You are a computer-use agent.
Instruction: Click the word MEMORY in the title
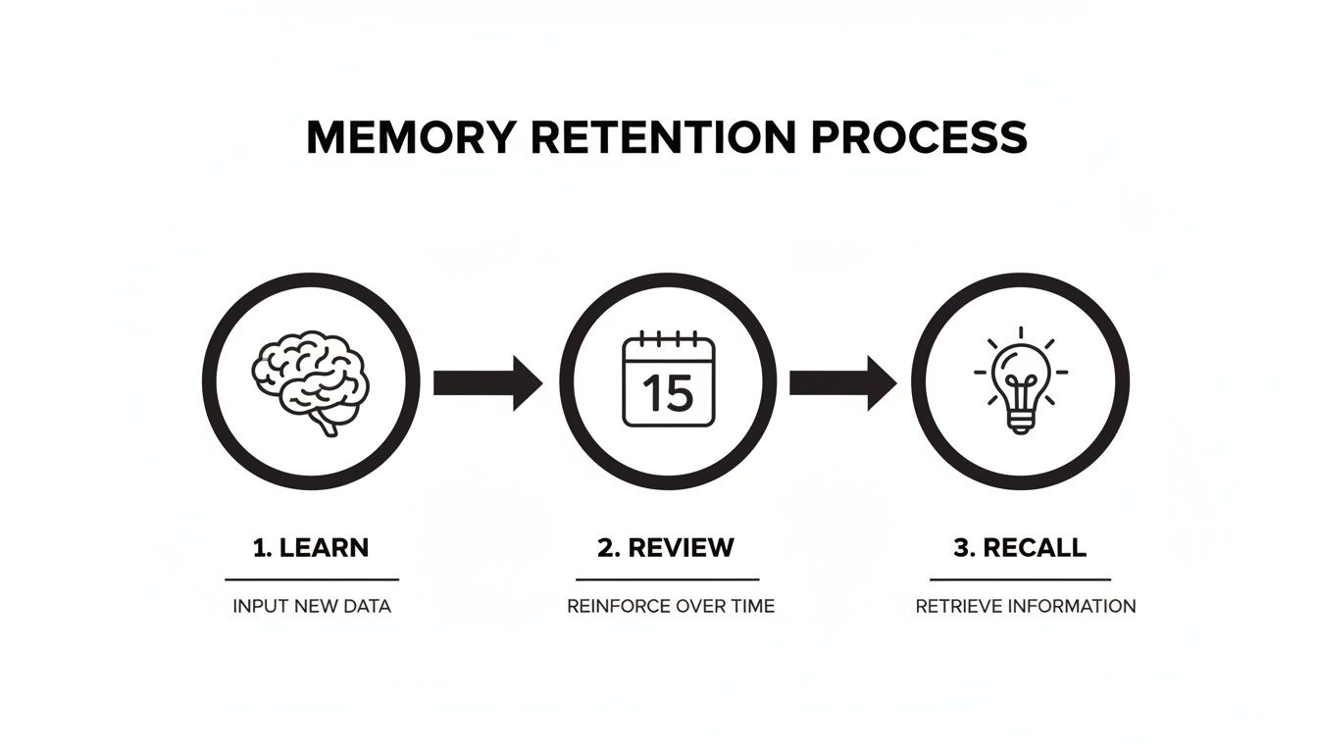(410, 137)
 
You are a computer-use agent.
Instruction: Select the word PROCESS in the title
(920, 137)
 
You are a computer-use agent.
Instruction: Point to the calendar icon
(669, 380)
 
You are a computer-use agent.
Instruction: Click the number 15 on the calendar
(669, 394)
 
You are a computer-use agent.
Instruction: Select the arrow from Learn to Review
(486, 382)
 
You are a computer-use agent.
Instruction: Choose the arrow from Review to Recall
(842, 382)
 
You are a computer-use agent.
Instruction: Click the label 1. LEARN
(311, 547)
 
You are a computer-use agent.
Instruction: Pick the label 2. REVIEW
(666, 547)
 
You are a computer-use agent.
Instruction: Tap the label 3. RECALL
(1021, 547)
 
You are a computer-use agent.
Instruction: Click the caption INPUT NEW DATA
(312, 606)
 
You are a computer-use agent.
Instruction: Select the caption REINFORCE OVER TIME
(671, 606)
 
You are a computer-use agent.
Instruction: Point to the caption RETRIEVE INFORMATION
(1026, 606)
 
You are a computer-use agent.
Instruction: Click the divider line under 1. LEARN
(312, 579)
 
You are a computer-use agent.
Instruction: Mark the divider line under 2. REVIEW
(667, 579)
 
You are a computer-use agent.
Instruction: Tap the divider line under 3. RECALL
(1020, 579)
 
